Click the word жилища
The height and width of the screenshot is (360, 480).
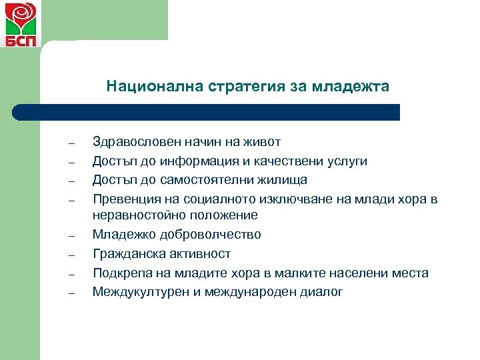click(x=283, y=180)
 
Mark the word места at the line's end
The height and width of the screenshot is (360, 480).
click(x=411, y=273)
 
